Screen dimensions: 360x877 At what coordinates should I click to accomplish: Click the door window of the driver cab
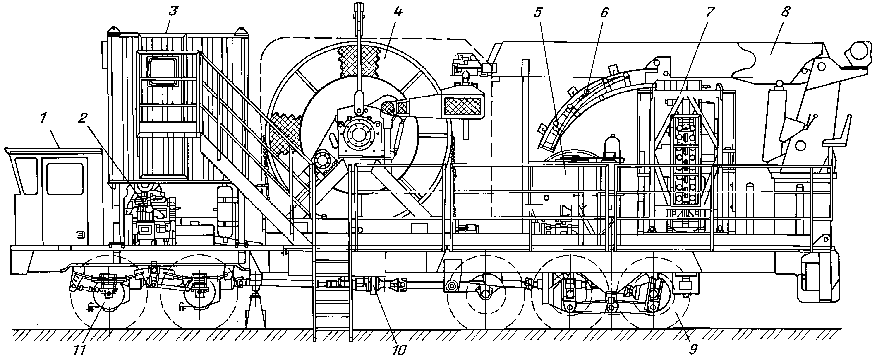pyautogui.click(x=65, y=179)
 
